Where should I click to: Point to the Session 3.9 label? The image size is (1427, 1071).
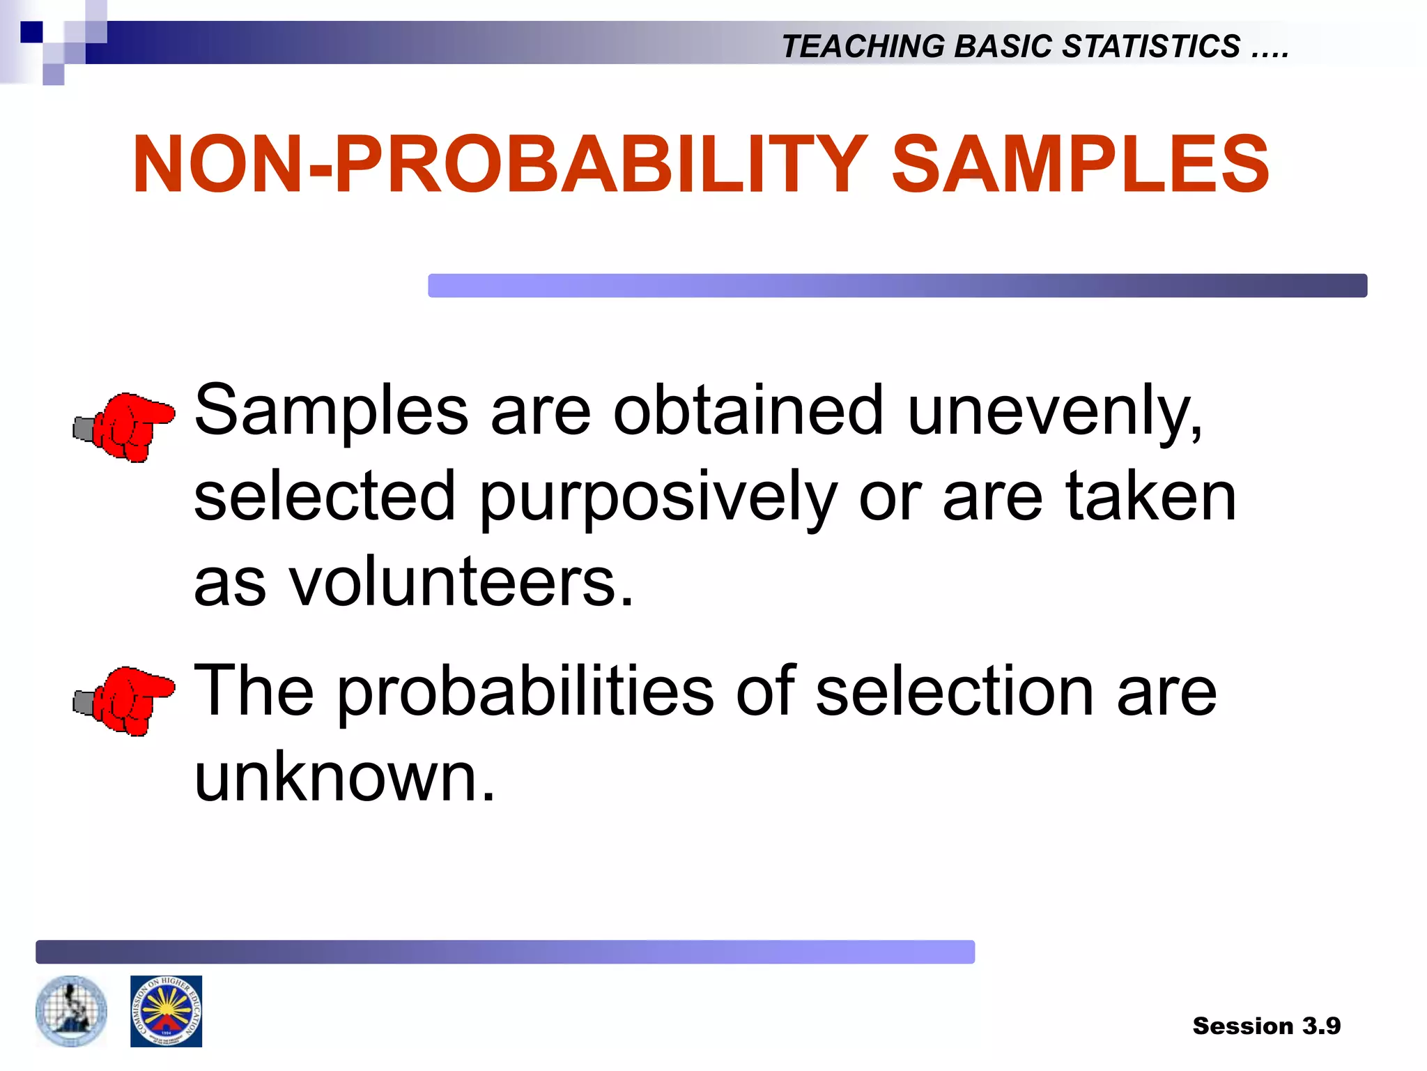coord(1266,1026)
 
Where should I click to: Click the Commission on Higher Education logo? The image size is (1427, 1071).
coord(166,1011)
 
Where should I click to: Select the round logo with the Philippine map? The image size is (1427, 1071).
coord(71,1011)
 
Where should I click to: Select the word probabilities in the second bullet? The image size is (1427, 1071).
coord(526,692)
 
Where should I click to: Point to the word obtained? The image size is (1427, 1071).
coord(748,411)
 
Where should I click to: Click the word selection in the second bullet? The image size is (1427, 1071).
coord(955,692)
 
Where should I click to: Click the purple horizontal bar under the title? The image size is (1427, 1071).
coord(897,286)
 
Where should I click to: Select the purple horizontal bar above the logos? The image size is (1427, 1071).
coord(505,952)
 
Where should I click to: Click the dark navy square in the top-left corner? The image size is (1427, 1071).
coord(31,32)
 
